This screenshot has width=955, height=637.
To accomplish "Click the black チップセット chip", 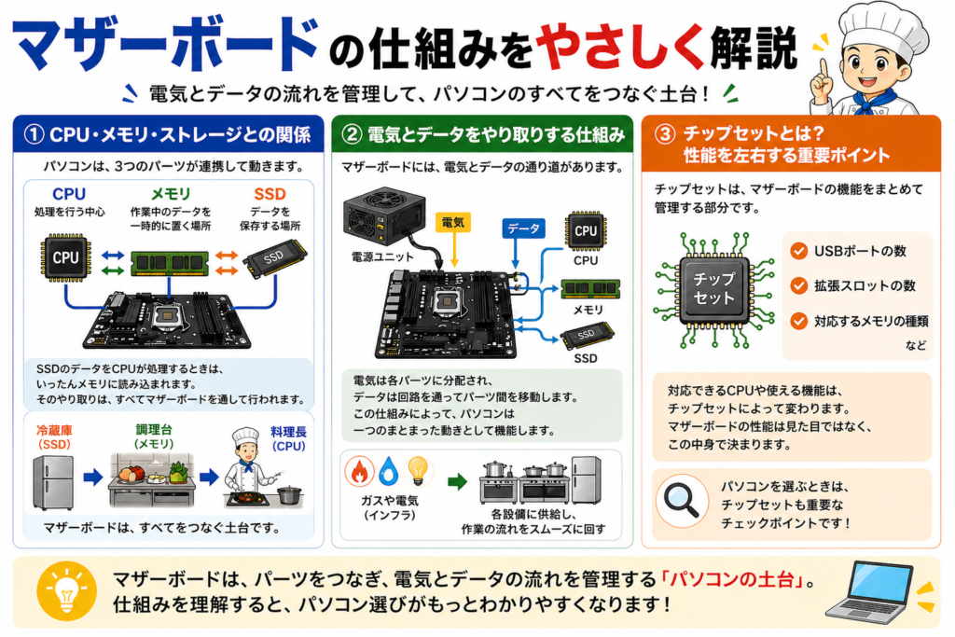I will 714,288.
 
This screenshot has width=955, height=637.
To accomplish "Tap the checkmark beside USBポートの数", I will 798,251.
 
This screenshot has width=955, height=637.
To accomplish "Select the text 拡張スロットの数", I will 865,285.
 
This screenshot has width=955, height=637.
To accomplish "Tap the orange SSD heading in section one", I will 270,193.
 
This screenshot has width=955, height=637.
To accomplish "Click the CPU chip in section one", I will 65,258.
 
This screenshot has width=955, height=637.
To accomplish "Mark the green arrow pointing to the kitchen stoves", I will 457,482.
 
